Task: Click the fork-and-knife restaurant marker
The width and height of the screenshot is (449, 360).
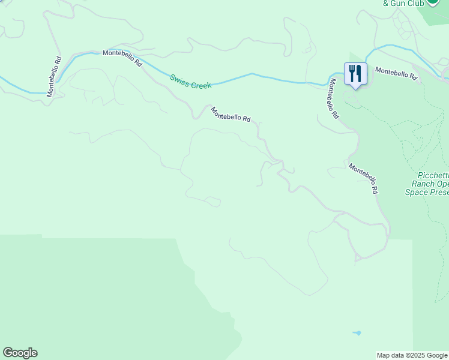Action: [x=355, y=74]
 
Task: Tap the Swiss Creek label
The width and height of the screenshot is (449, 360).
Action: [x=190, y=82]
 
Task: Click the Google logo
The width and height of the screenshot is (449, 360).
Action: [x=20, y=353]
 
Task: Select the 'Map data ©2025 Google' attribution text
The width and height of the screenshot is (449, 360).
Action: [x=412, y=355]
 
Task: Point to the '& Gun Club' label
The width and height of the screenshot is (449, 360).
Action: [x=403, y=3]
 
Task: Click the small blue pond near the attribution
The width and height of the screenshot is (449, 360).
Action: [x=358, y=332]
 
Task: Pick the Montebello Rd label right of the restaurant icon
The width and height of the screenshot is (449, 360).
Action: [x=396, y=74]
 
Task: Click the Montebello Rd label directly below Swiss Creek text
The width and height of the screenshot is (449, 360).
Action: [x=230, y=114]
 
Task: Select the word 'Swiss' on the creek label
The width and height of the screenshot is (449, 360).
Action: [x=179, y=79]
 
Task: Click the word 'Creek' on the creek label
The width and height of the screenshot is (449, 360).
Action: [x=201, y=85]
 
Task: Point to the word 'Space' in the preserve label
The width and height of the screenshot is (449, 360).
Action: [x=416, y=193]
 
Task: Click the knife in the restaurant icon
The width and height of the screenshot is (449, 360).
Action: [x=359, y=73]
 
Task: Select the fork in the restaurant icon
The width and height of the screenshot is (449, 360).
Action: [x=352, y=73]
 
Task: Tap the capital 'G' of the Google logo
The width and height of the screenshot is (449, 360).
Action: [x=8, y=353]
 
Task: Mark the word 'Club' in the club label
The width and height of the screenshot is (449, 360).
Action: [x=415, y=3]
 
